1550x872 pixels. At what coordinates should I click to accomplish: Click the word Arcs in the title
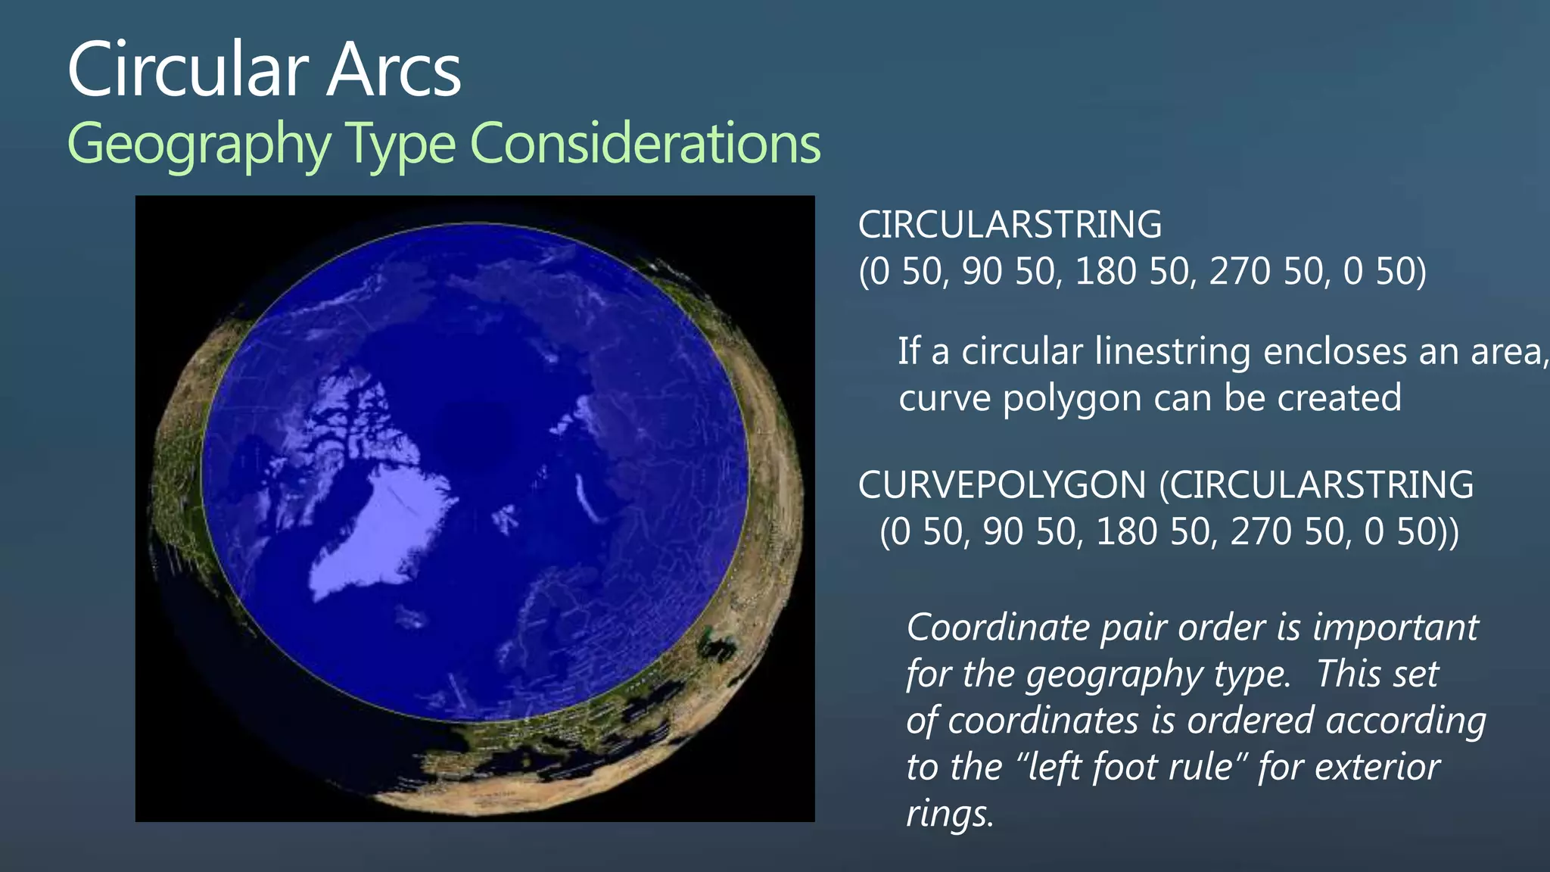point(394,70)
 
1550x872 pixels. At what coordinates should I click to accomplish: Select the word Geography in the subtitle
point(199,144)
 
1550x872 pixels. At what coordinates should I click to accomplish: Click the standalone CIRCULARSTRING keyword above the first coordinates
point(1010,225)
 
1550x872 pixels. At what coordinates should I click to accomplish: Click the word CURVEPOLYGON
point(1002,485)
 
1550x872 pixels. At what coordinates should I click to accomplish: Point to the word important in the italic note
point(1395,628)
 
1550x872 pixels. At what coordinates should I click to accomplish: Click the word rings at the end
point(949,814)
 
